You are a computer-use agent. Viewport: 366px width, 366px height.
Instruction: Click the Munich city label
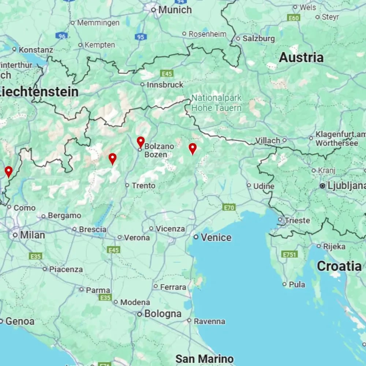point(175,10)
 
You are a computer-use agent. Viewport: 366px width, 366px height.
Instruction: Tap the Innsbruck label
point(165,85)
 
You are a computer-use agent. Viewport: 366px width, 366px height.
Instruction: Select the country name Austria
point(301,57)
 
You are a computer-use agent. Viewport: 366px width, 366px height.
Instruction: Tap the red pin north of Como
point(8,171)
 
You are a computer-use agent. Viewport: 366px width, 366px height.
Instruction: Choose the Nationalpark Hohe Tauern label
point(217,103)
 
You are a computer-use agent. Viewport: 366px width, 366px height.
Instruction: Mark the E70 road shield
point(229,208)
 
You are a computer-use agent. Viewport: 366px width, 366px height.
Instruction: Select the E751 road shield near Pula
point(290,254)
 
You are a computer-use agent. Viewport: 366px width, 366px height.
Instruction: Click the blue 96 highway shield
point(62,36)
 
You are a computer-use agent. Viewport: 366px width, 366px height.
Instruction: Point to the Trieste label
point(298,220)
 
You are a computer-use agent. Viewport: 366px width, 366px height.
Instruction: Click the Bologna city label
point(163,314)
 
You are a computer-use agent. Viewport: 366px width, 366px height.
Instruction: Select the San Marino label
point(204,358)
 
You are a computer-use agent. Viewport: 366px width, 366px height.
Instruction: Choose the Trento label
point(143,186)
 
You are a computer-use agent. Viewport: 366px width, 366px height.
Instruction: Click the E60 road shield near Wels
point(294,18)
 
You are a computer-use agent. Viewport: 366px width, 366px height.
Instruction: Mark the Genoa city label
point(20,321)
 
